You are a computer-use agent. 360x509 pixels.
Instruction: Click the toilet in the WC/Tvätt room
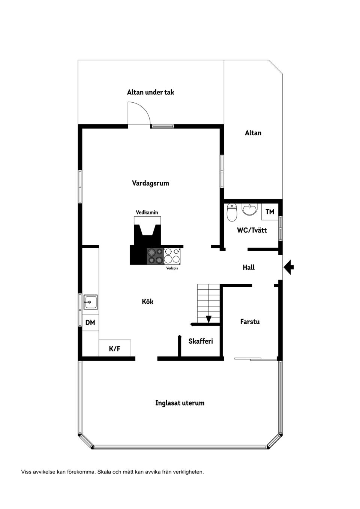click(x=232, y=212)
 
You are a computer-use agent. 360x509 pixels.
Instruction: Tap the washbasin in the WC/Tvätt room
click(x=249, y=209)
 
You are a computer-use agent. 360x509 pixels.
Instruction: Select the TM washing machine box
click(x=270, y=211)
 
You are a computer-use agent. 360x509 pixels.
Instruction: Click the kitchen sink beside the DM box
click(x=91, y=302)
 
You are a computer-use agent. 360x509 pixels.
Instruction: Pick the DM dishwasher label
click(x=90, y=322)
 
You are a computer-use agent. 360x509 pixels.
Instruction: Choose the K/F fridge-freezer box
click(x=115, y=348)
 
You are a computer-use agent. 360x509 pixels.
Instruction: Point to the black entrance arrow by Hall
click(x=289, y=267)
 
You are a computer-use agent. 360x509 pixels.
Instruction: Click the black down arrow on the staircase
click(x=208, y=319)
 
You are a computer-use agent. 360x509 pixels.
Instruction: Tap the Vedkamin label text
click(x=147, y=213)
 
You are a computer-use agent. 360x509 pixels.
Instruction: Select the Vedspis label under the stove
click(x=172, y=268)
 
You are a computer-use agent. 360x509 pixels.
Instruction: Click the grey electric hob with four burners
click(x=155, y=256)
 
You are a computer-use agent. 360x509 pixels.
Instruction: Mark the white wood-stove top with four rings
click(x=172, y=256)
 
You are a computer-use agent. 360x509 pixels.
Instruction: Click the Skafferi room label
click(x=201, y=341)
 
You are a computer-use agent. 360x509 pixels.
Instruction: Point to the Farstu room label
click(x=250, y=322)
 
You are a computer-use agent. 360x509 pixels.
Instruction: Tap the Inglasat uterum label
click(x=180, y=403)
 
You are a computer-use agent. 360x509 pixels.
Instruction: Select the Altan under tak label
click(x=150, y=92)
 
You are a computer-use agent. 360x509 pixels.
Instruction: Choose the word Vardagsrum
click(x=150, y=183)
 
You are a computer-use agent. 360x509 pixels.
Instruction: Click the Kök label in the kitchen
click(x=147, y=301)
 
